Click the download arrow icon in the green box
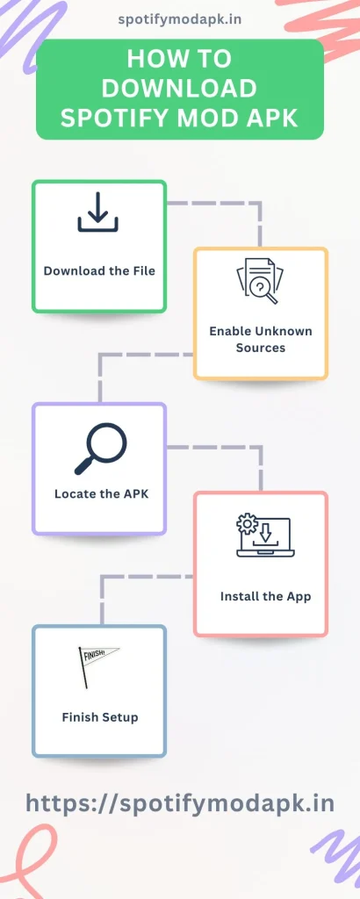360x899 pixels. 98,213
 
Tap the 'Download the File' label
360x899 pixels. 99,270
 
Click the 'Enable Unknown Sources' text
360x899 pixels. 261,339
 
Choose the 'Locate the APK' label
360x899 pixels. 101,493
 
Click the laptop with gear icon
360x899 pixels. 260,536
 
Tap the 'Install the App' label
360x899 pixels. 265,596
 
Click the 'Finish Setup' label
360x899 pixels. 100,717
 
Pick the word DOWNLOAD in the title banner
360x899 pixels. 179,89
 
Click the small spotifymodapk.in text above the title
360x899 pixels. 179,18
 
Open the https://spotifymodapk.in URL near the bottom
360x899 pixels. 180,802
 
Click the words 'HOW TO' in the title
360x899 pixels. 179,59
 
